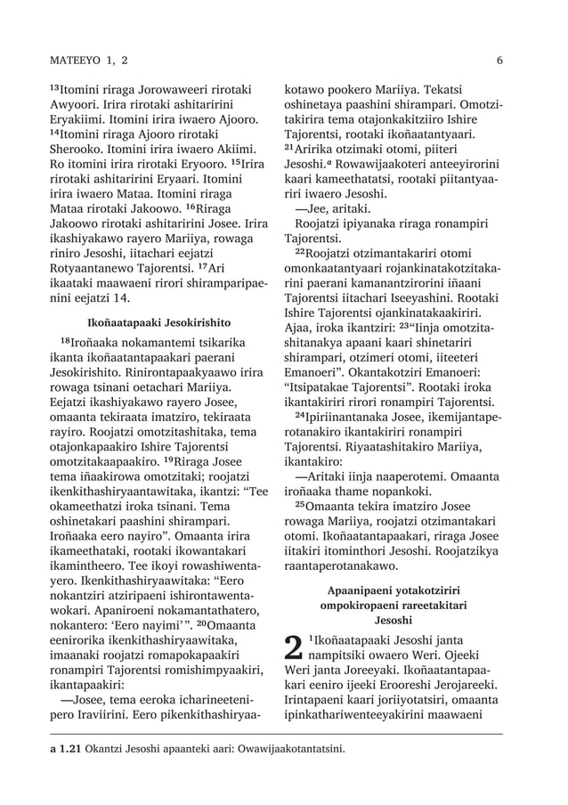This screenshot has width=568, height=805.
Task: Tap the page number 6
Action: (500, 60)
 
